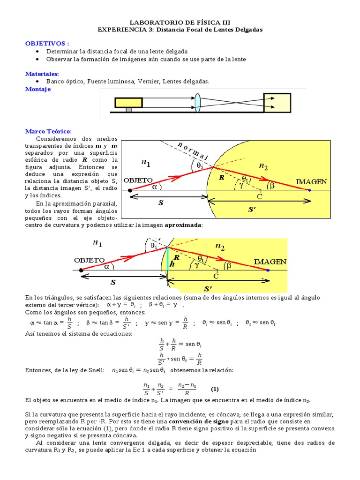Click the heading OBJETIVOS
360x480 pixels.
45,43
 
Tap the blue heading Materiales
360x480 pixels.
42,74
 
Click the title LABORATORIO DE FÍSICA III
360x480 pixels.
180,22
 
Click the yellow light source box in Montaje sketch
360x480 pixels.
129,102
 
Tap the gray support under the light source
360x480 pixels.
128,110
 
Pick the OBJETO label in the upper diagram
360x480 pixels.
138,180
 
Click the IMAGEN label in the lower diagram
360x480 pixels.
270,261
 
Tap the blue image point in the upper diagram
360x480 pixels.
309,190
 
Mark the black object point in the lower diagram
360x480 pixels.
81,270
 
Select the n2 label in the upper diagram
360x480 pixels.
264,165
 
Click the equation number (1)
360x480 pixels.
215,389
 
